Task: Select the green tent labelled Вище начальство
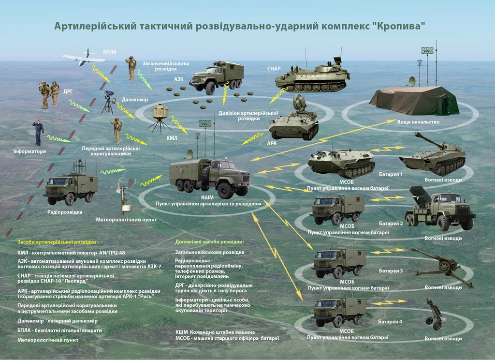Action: click(414, 100)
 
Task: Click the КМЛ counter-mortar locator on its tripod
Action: click(160, 119)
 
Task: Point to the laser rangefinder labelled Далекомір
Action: click(108, 103)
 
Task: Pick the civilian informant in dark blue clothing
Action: click(38, 132)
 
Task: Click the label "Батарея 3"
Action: click(391, 271)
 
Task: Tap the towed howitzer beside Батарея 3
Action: click(442, 268)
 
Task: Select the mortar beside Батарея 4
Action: click(436, 314)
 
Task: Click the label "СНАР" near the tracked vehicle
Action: click(274, 69)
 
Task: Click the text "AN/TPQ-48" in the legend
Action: click(112, 253)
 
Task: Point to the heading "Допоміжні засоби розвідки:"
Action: click(210, 242)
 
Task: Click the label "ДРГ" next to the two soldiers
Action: click(68, 91)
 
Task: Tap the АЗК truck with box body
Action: click(217, 77)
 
